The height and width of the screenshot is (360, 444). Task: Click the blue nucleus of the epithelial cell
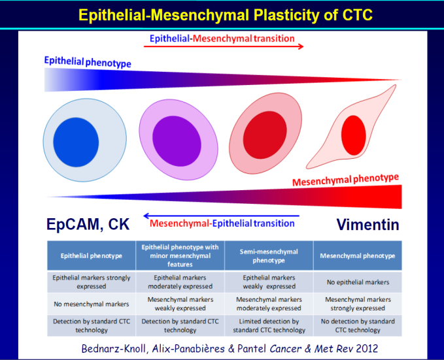click(x=76, y=142)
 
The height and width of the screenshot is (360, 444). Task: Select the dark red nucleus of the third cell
click(x=265, y=135)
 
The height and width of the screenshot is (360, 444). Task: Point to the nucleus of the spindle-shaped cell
click(x=353, y=135)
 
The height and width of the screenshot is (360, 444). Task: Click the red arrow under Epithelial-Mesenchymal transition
click(x=224, y=46)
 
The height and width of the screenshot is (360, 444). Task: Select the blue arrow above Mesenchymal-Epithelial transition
click(x=221, y=216)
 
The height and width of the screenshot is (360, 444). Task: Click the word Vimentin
click(x=368, y=225)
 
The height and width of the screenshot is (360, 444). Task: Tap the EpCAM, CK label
click(x=88, y=225)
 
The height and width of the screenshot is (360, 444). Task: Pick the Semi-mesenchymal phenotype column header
click(x=269, y=256)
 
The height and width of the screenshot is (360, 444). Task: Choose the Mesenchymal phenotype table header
click(x=358, y=256)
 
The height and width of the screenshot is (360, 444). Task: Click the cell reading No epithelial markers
click(x=358, y=282)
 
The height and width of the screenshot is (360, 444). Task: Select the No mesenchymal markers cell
click(x=91, y=304)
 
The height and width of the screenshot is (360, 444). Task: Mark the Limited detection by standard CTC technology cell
click(x=269, y=326)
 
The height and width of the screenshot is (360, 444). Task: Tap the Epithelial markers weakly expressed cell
click(x=269, y=282)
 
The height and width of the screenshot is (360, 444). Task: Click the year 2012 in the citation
click(x=367, y=348)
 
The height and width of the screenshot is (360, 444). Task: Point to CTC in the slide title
click(x=357, y=15)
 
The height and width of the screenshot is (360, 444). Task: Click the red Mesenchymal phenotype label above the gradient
click(x=345, y=180)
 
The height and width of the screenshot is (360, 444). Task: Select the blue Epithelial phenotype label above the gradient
click(x=88, y=62)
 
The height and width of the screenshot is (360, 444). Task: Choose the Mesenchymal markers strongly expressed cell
click(x=358, y=304)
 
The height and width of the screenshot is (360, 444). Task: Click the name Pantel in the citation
click(x=252, y=348)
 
